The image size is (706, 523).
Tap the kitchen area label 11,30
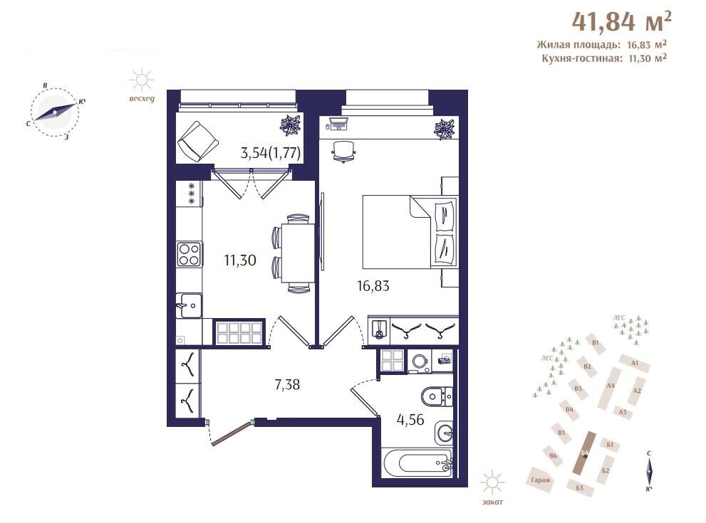tap(240, 260)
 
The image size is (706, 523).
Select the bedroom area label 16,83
tap(373, 285)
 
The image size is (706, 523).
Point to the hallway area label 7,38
tap(287, 384)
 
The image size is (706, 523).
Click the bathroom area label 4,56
tap(410, 420)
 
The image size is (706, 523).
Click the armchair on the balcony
tap(198, 141)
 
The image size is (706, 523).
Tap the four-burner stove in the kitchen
tap(189, 254)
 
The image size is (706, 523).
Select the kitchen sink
tap(189, 305)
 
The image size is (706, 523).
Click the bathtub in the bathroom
tap(417, 463)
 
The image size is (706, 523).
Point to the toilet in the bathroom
tap(437, 396)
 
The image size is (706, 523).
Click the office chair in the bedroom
tap(343, 151)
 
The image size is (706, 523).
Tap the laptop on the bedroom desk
tap(338, 124)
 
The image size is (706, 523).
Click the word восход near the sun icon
tap(141, 99)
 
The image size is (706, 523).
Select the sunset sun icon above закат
tap(492, 483)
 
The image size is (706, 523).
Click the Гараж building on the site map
tap(541, 480)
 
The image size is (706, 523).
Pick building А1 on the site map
tap(635, 363)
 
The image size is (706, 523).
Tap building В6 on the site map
tap(554, 456)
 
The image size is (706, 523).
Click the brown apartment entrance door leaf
tap(231, 433)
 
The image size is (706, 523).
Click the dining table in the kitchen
tap(298, 253)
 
